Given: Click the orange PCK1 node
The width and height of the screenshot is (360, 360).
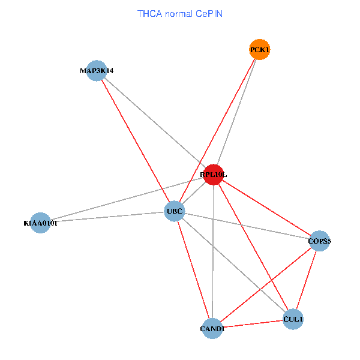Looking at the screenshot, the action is [259, 49].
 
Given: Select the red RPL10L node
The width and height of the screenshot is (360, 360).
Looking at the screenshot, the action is [213, 175].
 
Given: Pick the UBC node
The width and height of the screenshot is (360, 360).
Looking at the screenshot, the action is [174, 211].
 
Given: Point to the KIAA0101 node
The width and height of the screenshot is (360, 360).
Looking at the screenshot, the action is [40, 223].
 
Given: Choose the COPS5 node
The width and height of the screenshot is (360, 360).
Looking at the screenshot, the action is [319, 241].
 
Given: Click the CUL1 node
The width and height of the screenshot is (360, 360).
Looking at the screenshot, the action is [293, 319].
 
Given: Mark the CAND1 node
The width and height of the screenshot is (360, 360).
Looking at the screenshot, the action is [212, 328].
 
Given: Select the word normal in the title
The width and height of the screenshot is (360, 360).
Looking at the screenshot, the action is [179, 13].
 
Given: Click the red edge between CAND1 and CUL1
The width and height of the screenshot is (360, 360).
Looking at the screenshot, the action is [253, 324].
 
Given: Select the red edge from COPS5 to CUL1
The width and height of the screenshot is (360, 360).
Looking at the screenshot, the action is [306, 280].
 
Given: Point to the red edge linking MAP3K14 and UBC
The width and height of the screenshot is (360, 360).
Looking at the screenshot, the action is [135, 140].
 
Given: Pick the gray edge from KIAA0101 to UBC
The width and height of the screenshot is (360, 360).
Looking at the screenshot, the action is [107, 217].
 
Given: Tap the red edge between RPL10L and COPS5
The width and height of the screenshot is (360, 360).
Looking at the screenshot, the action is [266, 208].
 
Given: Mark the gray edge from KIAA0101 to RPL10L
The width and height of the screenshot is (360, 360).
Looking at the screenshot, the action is [127, 199].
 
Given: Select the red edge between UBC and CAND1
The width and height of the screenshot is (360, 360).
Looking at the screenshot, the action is [193, 269].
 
